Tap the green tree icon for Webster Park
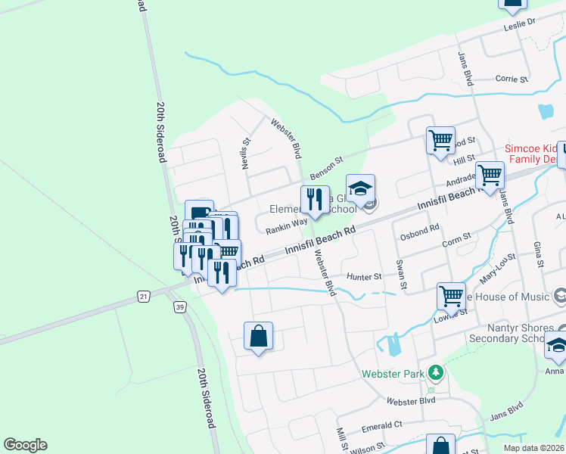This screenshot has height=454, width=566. point(435,372)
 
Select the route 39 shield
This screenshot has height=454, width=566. point(179,306)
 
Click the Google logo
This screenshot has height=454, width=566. point(25,445)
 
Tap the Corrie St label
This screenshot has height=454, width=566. point(511,79)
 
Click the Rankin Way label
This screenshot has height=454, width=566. point(286,223)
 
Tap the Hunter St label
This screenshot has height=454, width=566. point(364,277)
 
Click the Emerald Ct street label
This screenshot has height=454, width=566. point(382,425)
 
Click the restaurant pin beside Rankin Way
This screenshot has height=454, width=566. point(315,201)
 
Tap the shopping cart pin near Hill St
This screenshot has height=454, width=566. point(440,141)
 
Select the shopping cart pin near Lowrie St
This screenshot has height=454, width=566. point(451,296)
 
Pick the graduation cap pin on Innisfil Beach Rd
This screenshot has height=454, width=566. point(361,189)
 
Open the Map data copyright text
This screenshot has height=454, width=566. point(533,448)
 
